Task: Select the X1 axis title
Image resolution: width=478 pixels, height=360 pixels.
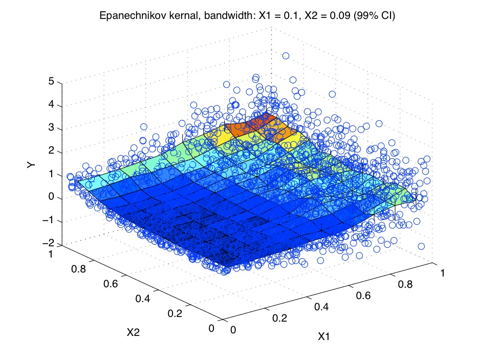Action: click(x=323, y=336)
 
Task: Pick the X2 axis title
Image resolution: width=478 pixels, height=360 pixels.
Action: click(x=133, y=332)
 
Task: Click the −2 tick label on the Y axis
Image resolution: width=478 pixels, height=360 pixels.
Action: click(x=49, y=244)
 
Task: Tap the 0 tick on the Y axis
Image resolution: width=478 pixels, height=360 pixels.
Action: click(x=52, y=198)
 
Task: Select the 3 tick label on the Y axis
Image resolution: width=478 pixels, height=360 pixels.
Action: click(x=52, y=129)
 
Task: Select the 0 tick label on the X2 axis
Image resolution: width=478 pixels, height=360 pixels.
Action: click(x=211, y=329)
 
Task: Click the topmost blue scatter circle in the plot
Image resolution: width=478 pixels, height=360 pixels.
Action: click(x=286, y=56)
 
